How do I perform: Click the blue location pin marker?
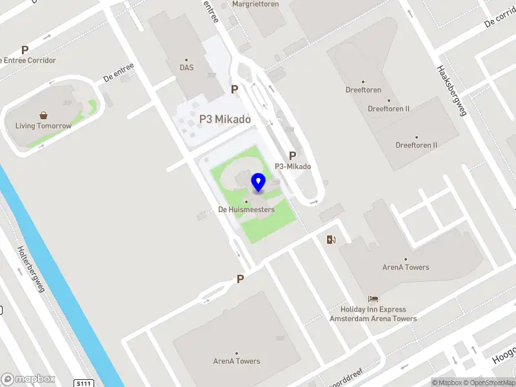click(x=259, y=183)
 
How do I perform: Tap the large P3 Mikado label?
click(x=224, y=119)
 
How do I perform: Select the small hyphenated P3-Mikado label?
click(x=293, y=166)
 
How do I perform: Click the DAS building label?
click(x=186, y=67)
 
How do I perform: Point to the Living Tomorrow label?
click(x=44, y=126)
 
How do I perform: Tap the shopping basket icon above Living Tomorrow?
click(x=43, y=115)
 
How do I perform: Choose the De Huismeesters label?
click(x=246, y=210)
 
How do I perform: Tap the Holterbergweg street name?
click(x=30, y=269)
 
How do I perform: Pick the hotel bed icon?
click(x=373, y=299)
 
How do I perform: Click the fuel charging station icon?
click(x=331, y=240)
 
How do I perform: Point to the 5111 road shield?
click(x=83, y=383)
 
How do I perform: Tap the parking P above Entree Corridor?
click(x=25, y=50)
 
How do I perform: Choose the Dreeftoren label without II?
click(x=362, y=90)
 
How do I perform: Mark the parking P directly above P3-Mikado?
click(x=293, y=155)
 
